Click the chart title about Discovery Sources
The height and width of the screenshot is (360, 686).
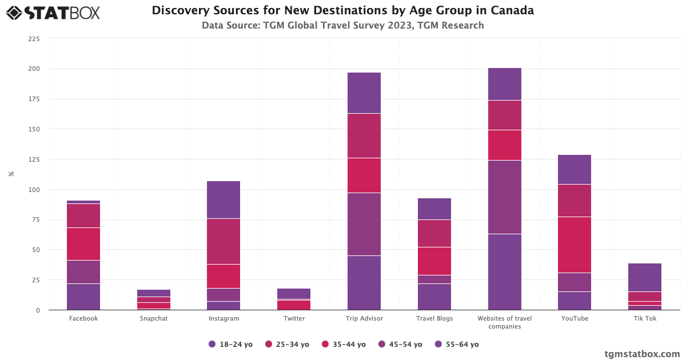point(342,11)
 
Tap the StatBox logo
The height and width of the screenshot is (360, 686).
point(53,12)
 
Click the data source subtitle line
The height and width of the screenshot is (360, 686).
point(342,25)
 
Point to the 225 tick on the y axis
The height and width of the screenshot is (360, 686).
point(34,39)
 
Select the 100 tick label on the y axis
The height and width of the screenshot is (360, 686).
point(34,190)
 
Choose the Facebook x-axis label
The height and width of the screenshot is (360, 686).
point(83,318)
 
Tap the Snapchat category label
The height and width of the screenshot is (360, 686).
point(154,318)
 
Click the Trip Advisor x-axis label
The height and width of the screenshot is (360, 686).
point(364,318)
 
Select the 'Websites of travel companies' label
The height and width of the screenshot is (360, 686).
point(505,322)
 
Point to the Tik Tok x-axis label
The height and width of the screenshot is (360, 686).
point(645,318)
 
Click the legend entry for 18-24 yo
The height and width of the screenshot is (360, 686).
point(231,345)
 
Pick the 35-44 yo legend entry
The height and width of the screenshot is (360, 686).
point(344,345)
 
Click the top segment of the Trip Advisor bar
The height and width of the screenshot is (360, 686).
point(364,93)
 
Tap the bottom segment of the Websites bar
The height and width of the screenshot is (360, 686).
point(505,272)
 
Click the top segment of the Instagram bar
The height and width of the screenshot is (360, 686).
point(224,199)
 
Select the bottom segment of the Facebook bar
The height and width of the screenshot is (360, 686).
point(83,297)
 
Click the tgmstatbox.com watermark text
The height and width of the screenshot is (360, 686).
point(642,354)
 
